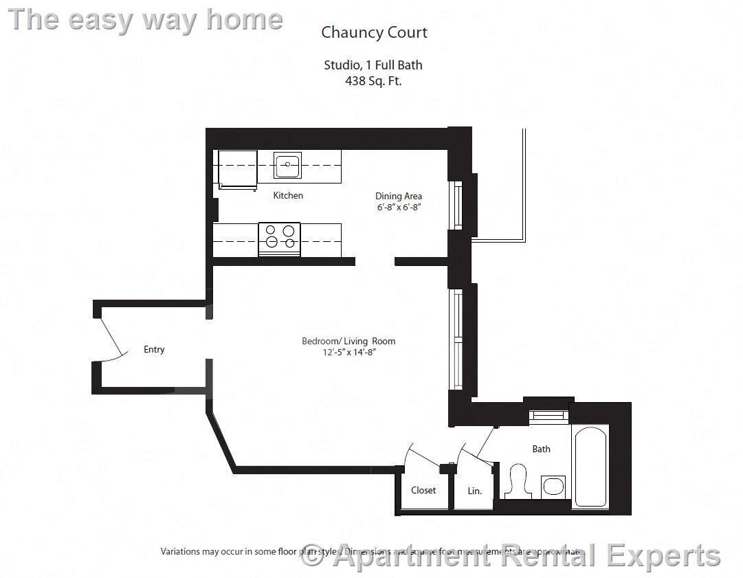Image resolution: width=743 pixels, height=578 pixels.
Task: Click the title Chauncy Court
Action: coord(374,32)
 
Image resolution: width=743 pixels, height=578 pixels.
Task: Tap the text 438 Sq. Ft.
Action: coord(373,80)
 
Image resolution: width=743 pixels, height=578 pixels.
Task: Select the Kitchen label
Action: coord(288,196)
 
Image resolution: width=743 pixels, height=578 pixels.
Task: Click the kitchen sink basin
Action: coord(287,166)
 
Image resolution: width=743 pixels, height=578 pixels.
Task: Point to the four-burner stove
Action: coord(279,238)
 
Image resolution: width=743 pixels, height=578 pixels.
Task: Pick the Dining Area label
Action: coord(399,196)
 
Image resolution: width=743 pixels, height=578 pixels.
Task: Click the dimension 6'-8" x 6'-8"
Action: coord(398,207)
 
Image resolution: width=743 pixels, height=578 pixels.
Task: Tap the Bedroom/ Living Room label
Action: coord(348,341)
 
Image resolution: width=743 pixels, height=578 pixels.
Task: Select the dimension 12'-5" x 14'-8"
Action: coord(348,352)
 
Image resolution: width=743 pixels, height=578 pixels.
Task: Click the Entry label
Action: coord(154,349)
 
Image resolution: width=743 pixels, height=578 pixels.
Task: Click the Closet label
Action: coord(423,490)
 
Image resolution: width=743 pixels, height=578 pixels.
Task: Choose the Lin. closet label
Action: coord(474,491)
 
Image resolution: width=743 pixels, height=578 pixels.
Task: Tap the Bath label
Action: coord(541,449)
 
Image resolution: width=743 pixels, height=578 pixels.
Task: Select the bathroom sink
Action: coord(553,487)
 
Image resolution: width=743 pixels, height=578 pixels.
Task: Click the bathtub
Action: coord(590,467)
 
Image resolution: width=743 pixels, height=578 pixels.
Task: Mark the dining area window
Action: coord(456,204)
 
